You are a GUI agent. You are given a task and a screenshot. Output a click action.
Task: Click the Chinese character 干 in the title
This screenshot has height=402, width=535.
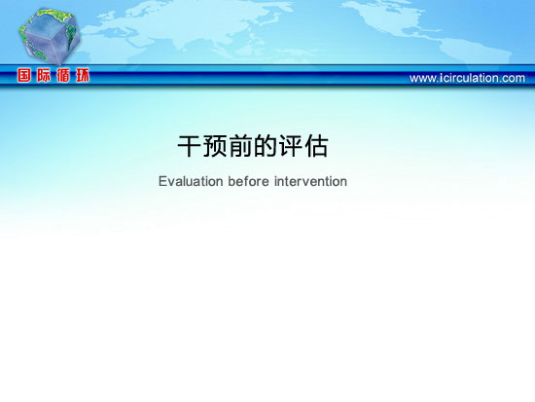[190, 146]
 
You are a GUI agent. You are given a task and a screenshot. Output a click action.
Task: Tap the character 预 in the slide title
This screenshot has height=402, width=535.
[215, 146]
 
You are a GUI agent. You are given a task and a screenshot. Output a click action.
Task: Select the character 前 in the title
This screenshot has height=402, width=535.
[240, 146]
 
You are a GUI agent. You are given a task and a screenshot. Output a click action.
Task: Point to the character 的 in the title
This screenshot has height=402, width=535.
[266, 146]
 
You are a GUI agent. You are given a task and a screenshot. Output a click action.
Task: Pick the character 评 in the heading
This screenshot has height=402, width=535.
[291, 146]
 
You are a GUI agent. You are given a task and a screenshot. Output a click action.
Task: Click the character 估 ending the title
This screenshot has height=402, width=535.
[316, 146]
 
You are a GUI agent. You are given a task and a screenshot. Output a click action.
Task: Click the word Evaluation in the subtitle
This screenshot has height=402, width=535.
[191, 181]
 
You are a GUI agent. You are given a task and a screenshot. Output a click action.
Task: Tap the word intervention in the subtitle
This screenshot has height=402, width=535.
[310, 181]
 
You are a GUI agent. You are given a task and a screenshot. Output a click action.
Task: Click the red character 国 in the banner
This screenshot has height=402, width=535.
[24, 75]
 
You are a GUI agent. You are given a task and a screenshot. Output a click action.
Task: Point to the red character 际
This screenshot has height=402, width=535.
[44, 75]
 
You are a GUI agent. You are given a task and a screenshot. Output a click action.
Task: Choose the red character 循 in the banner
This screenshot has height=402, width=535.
[63, 75]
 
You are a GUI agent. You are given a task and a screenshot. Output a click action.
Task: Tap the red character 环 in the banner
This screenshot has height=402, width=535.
[83, 75]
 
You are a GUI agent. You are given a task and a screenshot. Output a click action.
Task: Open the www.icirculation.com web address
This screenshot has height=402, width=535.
[467, 78]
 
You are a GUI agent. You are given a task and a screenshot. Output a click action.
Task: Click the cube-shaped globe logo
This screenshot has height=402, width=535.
[50, 36]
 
